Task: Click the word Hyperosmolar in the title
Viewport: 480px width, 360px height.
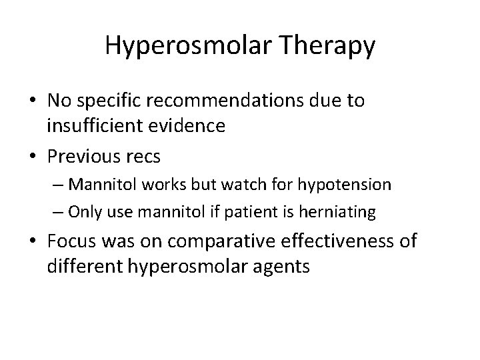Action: pos(175,46)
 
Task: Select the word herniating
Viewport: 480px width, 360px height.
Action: pos(341,212)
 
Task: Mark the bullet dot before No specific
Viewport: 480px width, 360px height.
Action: pos(33,101)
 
